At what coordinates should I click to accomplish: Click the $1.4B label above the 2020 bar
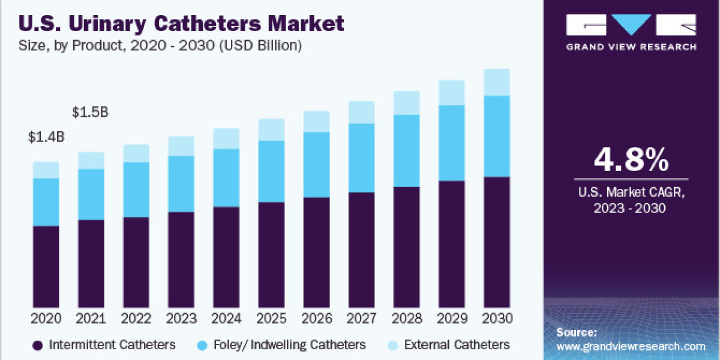pos(46,137)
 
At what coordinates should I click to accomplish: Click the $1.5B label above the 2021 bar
pos(90,112)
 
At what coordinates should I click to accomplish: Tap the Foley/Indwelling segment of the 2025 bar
pos(271,171)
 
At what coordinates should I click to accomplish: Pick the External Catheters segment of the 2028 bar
pos(406,103)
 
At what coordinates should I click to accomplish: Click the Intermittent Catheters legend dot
pos(38,345)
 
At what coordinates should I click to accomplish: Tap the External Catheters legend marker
pos(393,345)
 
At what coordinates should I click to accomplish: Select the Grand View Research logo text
pos(631,46)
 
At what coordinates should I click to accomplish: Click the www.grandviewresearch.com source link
pos(631,346)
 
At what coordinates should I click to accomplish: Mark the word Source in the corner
pos(575,332)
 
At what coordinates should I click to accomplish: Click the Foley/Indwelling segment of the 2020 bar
pos(46,202)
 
